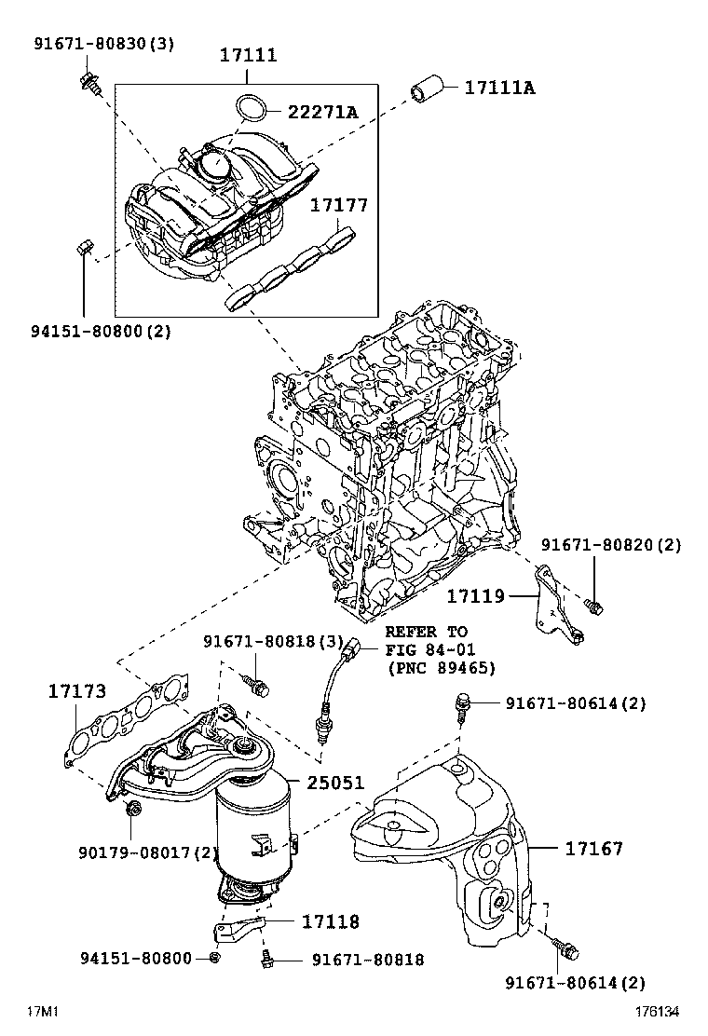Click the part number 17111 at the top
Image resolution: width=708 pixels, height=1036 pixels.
tap(248, 55)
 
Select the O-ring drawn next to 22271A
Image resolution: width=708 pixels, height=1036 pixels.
tap(249, 108)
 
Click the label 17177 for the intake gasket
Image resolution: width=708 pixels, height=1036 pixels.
tap(339, 205)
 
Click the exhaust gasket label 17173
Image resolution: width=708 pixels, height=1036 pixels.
tap(77, 691)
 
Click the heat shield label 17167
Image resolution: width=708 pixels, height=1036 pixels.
tap(593, 848)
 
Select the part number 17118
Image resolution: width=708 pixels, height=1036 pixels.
tap(330, 921)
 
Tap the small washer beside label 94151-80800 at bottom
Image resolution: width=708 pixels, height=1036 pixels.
tap(216, 958)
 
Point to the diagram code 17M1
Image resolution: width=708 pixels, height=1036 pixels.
tap(41, 1011)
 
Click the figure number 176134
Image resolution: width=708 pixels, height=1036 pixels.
tap(658, 1011)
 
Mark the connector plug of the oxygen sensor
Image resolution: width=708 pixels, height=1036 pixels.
tap(351, 648)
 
